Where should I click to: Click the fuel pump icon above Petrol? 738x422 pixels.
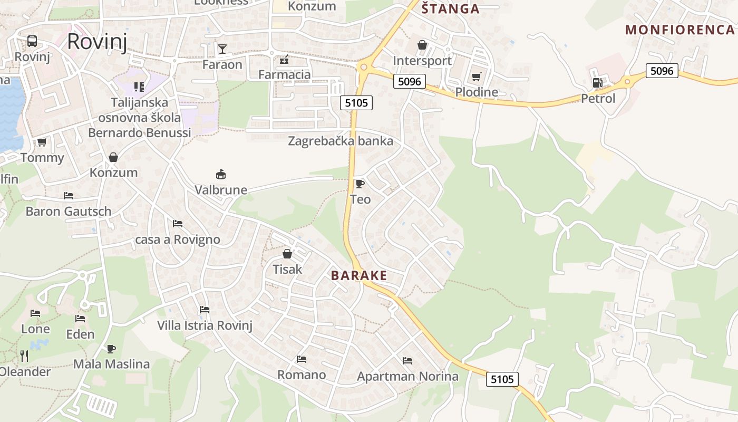(597, 82)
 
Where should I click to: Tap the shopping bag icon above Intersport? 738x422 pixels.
(422, 45)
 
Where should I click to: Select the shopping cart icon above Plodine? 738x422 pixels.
(477, 77)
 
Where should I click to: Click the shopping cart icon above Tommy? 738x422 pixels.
(42, 142)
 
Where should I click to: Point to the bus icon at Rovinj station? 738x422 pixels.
(32, 41)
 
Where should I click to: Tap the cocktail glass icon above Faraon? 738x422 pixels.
(222, 49)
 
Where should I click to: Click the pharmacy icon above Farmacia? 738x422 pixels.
(284, 59)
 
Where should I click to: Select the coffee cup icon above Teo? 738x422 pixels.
(360, 184)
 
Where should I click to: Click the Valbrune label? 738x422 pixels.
(221, 190)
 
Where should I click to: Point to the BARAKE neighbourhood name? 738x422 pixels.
(359, 275)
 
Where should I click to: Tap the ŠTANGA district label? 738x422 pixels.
(450, 8)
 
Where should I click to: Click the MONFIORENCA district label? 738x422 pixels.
(680, 30)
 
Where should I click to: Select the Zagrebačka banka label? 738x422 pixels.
(341, 141)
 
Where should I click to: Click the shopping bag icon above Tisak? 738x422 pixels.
(287, 254)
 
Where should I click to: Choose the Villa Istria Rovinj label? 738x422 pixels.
(205, 325)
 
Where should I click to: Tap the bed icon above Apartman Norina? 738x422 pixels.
(407, 361)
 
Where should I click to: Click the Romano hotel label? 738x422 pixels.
(302, 375)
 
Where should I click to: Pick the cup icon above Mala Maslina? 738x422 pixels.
(111, 349)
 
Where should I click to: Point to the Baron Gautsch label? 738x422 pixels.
(69, 212)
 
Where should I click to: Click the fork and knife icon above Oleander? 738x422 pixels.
(24, 356)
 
